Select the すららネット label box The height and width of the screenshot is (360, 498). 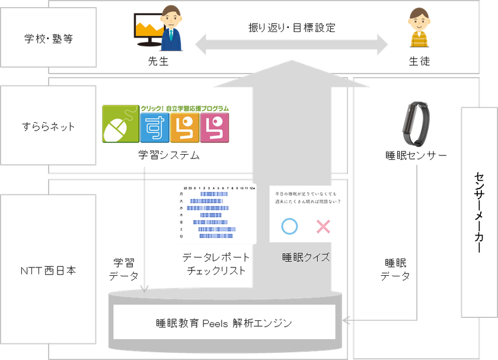click(x=48, y=125)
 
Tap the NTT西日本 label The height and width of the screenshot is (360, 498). click(x=48, y=270)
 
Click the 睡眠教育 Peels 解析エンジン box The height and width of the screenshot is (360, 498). click(x=225, y=323)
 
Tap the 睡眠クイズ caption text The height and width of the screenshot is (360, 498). click(x=306, y=258)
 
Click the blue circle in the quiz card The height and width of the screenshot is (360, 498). click(x=289, y=226)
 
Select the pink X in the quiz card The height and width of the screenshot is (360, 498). click(x=323, y=226)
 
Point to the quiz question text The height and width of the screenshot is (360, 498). click(x=307, y=197)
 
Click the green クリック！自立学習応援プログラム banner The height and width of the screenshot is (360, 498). click(x=184, y=109)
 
